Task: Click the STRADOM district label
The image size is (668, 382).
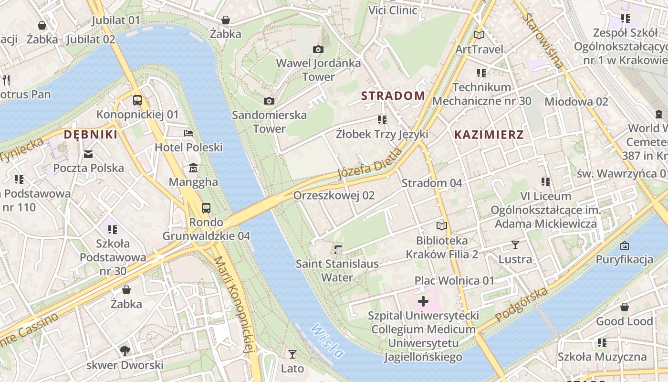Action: tap(393, 95)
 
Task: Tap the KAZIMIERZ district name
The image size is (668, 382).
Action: tap(489, 135)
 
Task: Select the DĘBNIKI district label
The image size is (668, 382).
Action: tap(91, 135)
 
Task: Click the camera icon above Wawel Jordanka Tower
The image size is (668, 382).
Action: tap(318, 49)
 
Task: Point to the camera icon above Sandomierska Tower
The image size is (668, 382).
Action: tap(269, 101)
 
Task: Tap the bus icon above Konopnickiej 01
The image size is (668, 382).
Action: tap(137, 100)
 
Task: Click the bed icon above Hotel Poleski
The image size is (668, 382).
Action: tap(188, 133)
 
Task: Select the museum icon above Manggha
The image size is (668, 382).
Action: tap(193, 168)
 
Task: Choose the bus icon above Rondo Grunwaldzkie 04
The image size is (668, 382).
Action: tap(206, 208)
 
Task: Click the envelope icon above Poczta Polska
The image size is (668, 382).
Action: tap(88, 154)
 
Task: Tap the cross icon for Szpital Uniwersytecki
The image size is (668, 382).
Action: tap(423, 301)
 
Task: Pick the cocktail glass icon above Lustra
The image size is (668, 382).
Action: tap(515, 245)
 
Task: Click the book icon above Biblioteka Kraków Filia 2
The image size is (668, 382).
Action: tap(442, 226)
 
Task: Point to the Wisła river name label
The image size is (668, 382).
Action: tap(327, 341)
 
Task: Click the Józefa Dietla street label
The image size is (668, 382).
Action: tap(370, 164)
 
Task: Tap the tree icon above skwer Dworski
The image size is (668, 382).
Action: tap(125, 351)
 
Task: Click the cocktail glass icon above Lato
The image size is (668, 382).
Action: tap(292, 354)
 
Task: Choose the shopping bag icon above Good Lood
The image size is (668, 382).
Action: tap(624, 307)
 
